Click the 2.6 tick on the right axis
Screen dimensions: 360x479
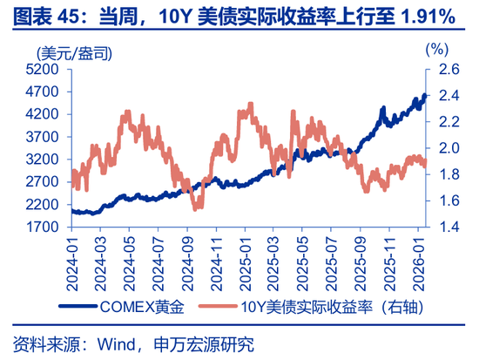pyautogui.click(x=445, y=69)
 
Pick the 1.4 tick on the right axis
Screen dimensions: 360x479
pyautogui.click(x=445, y=227)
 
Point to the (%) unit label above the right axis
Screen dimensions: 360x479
pyautogui.click(x=435, y=50)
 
